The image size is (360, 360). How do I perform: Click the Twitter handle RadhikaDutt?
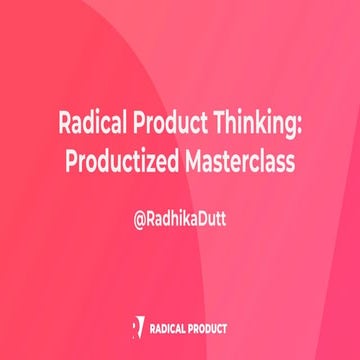pyautogui.click(x=186, y=214)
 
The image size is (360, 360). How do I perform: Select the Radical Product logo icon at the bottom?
pyautogui.click(x=137, y=326)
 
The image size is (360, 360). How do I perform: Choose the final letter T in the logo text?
pyautogui.click(x=226, y=327)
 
